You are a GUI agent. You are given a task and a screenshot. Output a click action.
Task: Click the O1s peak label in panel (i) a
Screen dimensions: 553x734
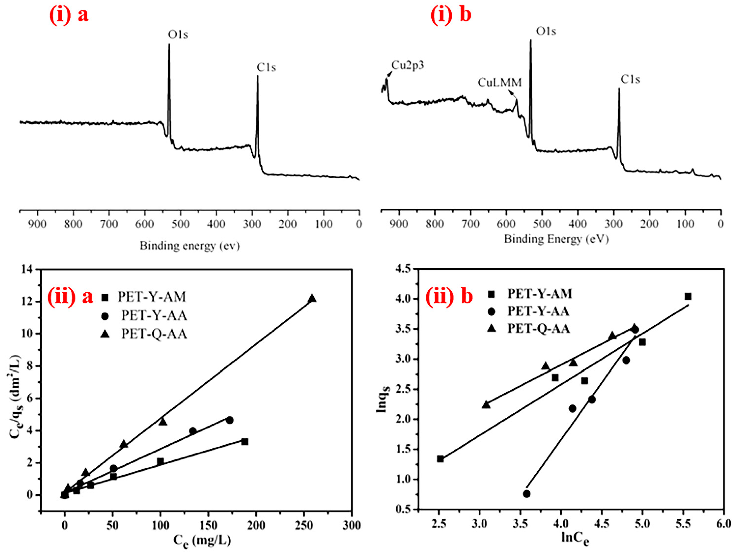pyautogui.click(x=178, y=35)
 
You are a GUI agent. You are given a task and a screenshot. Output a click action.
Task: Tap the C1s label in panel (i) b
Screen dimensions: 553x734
pyautogui.click(x=630, y=80)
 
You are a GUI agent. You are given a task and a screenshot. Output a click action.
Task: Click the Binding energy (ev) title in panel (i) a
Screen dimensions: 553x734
pyautogui.click(x=189, y=246)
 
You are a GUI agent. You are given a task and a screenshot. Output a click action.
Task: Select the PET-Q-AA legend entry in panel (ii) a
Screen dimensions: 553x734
pyautogui.click(x=154, y=334)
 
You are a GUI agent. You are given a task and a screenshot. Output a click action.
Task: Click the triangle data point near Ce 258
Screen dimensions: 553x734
pyautogui.click(x=312, y=299)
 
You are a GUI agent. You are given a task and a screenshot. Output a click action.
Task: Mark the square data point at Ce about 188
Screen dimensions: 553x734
pyautogui.click(x=245, y=442)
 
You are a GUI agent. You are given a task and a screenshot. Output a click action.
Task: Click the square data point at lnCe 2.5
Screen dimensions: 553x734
pyautogui.click(x=440, y=459)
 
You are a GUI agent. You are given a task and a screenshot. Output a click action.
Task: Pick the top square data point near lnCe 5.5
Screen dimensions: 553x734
pyautogui.click(x=688, y=296)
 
